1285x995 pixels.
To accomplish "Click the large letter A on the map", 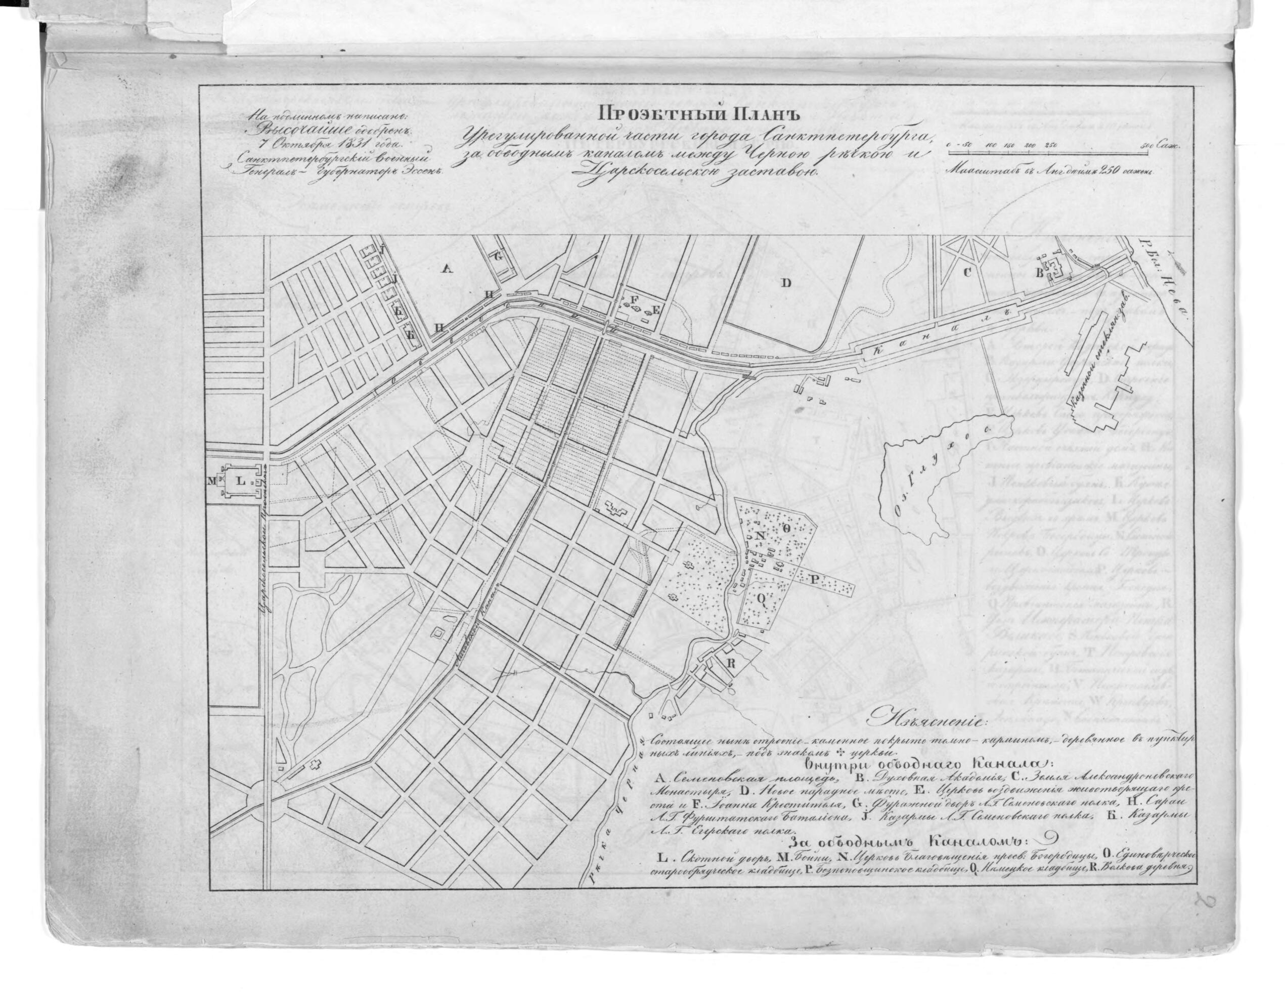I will coord(446,270).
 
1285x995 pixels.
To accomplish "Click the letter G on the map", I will coord(497,256).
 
